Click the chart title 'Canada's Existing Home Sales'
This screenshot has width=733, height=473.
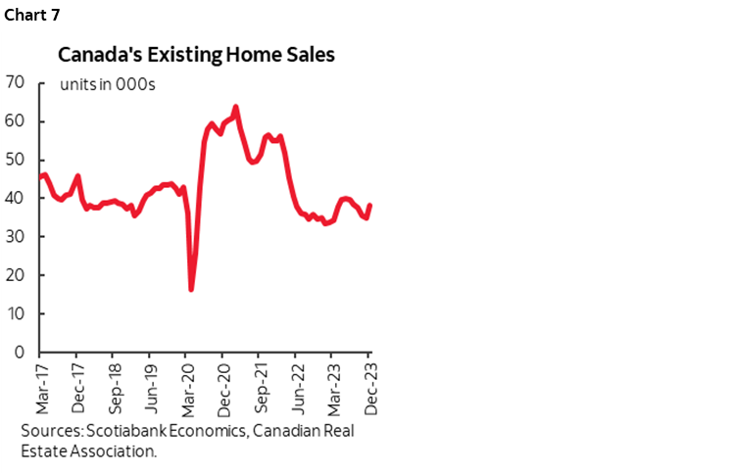coord(196,55)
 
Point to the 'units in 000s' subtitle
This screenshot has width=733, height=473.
coord(108,83)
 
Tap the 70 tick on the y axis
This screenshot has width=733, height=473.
coord(14,83)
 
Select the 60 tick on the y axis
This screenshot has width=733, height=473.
coord(14,121)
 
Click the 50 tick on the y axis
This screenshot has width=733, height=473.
coord(14,160)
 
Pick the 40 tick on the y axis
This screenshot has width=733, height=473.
coord(14,198)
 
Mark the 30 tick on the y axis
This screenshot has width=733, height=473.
coord(14,237)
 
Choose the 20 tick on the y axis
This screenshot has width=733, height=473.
coord(14,275)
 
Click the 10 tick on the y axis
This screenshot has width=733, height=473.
coord(14,313)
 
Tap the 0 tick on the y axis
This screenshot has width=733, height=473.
coord(19,352)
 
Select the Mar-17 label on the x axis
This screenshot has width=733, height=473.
coord(39,387)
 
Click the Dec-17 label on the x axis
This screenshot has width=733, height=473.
coord(75,387)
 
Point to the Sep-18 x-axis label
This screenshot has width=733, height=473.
coord(113,387)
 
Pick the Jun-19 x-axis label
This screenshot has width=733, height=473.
coord(149,387)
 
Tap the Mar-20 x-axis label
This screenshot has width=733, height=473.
coord(186,387)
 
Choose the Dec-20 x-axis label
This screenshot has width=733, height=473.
coord(222,387)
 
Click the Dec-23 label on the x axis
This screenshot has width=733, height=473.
coord(369,387)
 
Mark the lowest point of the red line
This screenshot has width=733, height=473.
coord(191,289)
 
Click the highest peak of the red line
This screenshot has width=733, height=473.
coord(235,107)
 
